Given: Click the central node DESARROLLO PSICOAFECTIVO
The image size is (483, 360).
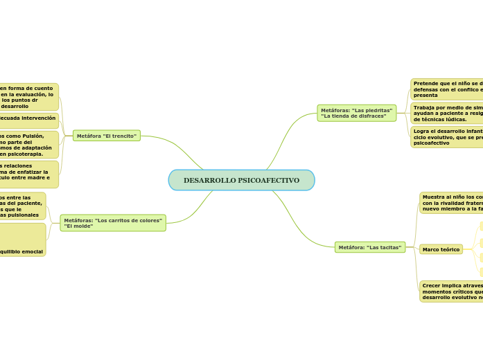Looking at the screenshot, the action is click(241, 180).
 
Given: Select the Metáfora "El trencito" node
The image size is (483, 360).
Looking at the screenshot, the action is click(107, 136).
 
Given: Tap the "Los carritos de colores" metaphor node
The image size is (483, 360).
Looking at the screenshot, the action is click(113, 223).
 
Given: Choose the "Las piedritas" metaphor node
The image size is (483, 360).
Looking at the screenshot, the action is click(357, 113).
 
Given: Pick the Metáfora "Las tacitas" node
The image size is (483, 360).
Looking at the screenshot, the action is click(370, 247).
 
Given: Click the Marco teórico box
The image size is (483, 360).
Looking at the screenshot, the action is click(441, 249).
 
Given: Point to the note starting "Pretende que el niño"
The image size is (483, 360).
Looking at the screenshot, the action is click(447, 89).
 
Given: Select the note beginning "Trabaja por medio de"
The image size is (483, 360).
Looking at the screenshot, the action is click(447, 114).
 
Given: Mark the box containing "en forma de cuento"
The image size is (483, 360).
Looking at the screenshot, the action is click(28, 97).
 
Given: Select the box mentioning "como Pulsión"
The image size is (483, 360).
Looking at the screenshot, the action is click(28, 145).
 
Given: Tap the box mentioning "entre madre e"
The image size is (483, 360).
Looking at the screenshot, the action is click(28, 174).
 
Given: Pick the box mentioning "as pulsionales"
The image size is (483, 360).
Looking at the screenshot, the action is click(22, 206).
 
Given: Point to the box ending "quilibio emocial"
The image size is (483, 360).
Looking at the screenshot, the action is click(22, 240).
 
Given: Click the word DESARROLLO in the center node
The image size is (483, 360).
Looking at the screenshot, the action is click(209, 180).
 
